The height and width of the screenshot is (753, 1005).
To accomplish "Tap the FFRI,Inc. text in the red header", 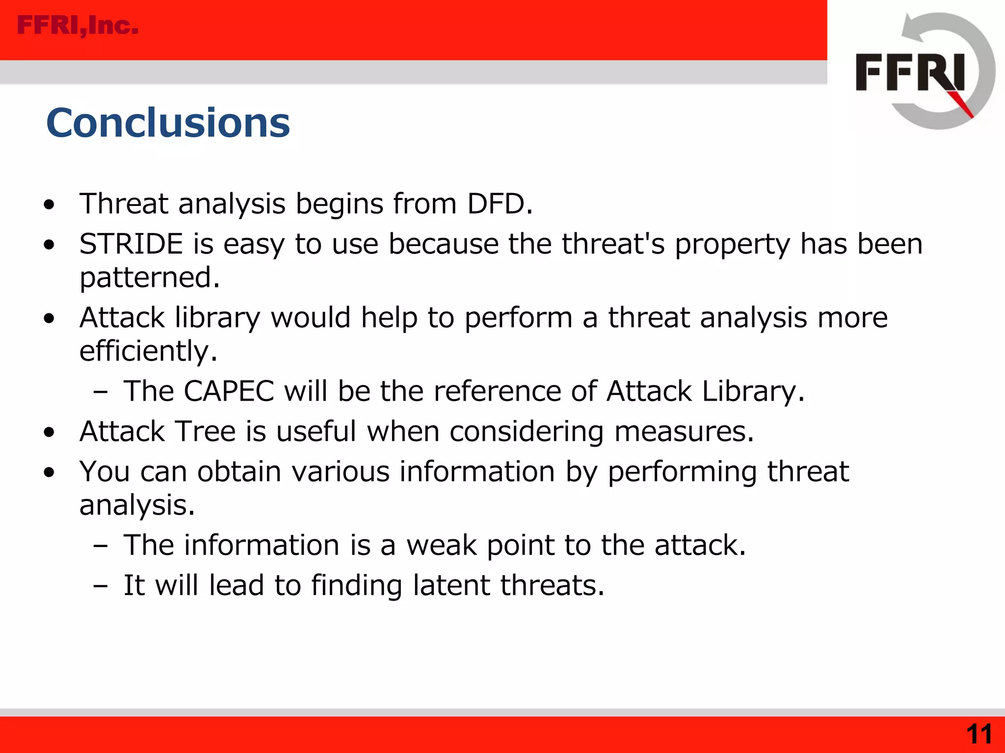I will coord(78,25).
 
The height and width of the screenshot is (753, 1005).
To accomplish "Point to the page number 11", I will coord(979,734).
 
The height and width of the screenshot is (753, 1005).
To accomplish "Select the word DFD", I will coord(500,203).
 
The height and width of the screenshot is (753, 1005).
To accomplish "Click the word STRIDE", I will coord(131,244).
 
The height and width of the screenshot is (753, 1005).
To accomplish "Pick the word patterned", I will coord(149,277).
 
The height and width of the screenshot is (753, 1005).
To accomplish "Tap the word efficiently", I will coord(148,351).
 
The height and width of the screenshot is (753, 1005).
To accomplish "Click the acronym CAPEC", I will coord(229,391).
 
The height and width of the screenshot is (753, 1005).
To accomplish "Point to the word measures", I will coord(683,431).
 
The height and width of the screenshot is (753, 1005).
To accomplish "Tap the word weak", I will coord(441,545).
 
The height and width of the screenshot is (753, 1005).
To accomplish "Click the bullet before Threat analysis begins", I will coord(49,205).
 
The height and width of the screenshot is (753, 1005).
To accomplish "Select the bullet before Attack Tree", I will coord(49,433).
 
